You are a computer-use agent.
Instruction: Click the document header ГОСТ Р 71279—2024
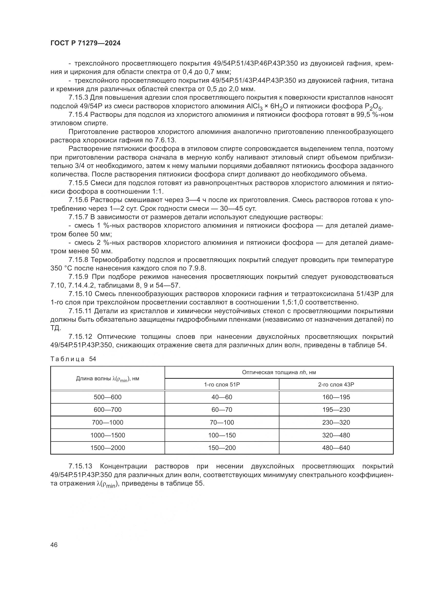[x=85, y=43]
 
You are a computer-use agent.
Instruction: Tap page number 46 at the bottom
[x=54, y=545]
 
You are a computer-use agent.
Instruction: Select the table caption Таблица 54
[x=73, y=359]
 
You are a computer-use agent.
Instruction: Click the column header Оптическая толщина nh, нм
[x=279, y=372]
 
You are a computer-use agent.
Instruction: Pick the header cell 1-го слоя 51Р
[x=222, y=384]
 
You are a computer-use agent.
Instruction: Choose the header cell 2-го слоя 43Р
[x=336, y=384]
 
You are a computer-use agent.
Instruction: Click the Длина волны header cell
[x=108, y=379]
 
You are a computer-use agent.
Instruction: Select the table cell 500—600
[x=108, y=397]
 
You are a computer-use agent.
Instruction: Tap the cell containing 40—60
[x=222, y=397]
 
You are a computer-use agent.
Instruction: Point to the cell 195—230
[x=336, y=409]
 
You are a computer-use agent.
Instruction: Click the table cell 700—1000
[x=108, y=422]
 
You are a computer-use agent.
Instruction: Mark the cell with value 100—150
[x=222, y=435]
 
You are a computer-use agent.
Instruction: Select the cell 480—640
[x=336, y=448]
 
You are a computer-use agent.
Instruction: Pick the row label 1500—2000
[x=108, y=448]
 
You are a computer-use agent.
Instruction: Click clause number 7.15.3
[x=79, y=98]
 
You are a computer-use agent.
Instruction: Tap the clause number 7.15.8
[x=79, y=260]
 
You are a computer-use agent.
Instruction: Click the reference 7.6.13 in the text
[x=165, y=140]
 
